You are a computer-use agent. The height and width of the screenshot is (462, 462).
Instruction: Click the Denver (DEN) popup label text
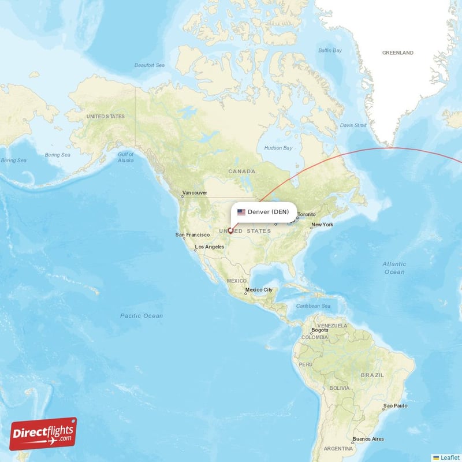point(268,212)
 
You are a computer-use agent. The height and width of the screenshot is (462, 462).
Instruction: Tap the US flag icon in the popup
point(241,212)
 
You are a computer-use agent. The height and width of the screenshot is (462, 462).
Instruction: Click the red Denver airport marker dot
point(230,231)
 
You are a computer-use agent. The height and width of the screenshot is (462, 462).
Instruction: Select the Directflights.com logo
point(43,434)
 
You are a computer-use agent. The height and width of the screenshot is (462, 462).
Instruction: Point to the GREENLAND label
point(397,53)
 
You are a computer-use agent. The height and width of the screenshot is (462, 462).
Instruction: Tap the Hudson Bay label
point(278,148)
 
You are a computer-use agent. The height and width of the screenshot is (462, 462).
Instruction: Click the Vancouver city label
point(195,193)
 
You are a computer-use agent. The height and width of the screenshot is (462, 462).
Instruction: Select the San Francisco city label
point(192,235)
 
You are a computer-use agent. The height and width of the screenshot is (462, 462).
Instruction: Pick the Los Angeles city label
point(210,247)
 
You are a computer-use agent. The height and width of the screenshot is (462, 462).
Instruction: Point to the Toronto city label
point(307,215)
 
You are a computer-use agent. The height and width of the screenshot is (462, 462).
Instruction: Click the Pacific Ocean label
point(141,316)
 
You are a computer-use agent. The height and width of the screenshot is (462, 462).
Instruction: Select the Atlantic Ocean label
point(394,268)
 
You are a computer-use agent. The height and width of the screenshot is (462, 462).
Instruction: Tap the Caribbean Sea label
point(313,305)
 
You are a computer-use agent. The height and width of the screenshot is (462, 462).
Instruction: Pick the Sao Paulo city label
point(396,406)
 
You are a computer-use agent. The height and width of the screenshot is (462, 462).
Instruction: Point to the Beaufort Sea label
point(149,65)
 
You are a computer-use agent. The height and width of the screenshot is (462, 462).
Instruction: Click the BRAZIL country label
point(372,375)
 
